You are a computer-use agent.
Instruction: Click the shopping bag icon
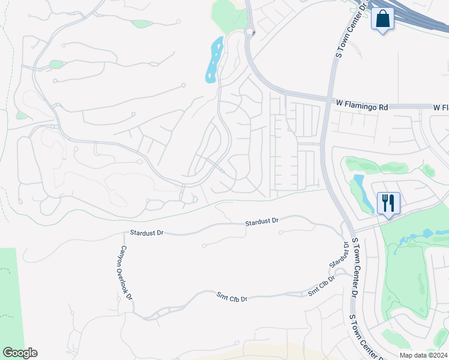coord(382,19)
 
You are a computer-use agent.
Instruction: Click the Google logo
coord(20,353)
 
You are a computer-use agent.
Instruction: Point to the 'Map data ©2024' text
coord(423,355)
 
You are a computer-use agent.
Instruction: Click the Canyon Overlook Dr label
coord(127,272)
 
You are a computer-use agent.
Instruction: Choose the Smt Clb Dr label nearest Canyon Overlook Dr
coord(232,296)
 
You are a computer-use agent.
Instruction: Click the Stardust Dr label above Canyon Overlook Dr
coord(146,232)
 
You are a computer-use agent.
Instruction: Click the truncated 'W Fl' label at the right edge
coord(441,107)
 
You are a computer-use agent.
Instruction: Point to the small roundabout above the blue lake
coord(250,32)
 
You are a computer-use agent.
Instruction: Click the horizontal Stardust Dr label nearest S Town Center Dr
coord(262,221)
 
